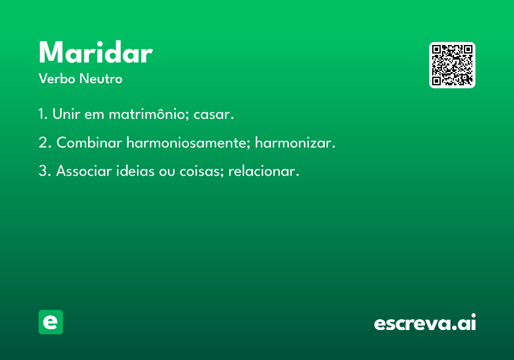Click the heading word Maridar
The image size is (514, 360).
pyautogui.click(x=96, y=52)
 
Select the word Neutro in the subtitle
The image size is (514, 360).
pyautogui.click(x=101, y=79)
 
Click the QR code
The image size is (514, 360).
pyautogui.click(x=452, y=65)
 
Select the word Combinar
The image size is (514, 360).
pyautogui.click(x=89, y=142)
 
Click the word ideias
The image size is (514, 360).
pyautogui.click(x=135, y=171)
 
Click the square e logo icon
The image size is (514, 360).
pyautogui.click(x=51, y=322)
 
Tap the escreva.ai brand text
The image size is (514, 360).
pyautogui.click(x=425, y=322)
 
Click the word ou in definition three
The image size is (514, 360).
pyautogui.click(x=167, y=172)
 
